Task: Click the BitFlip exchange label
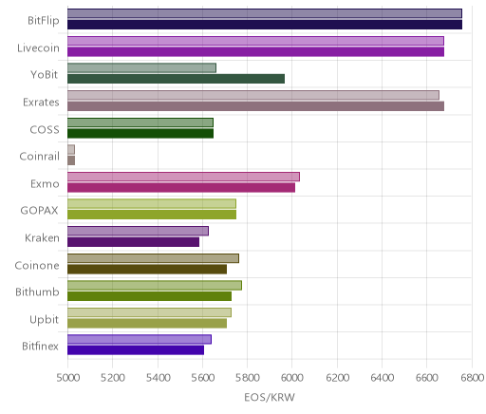[x=44, y=20]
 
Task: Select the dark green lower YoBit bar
[x=176, y=79]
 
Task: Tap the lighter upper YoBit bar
[x=141, y=68]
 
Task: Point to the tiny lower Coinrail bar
[x=71, y=160]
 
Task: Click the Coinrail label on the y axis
[x=39, y=157]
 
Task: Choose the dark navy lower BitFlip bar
[x=265, y=25]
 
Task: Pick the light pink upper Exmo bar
[x=183, y=177]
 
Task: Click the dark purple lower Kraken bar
[x=133, y=242]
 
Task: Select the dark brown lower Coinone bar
[x=147, y=270]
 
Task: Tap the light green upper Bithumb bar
[x=155, y=286]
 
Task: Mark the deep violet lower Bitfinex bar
[x=136, y=350]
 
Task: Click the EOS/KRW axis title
[x=270, y=397]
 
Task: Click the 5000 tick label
[x=68, y=378]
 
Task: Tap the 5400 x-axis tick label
[x=158, y=378]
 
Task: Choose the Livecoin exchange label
[x=38, y=47]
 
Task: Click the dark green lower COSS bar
[x=140, y=134]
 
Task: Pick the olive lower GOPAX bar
[x=152, y=215]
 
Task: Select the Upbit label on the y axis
[x=44, y=319]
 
